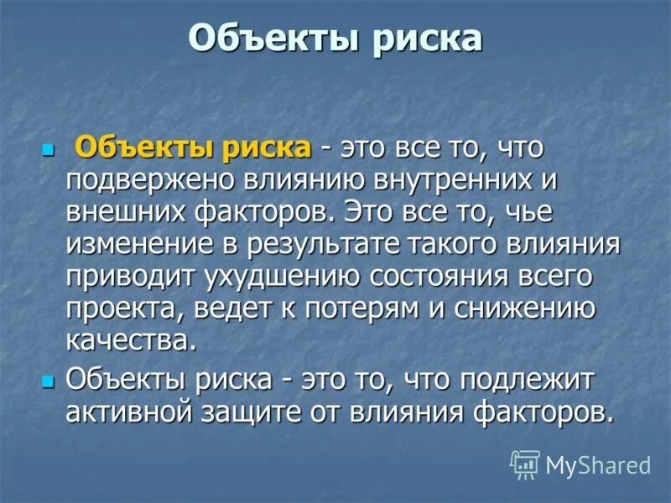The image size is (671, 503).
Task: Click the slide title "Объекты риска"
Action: [x=335, y=39]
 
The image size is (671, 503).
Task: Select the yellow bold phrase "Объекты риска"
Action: [x=193, y=148]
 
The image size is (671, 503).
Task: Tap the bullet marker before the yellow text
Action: [x=47, y=150]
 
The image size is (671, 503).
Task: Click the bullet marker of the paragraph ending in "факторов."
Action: [x=47, y=381]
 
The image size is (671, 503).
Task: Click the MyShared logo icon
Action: [x=525, y=464]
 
